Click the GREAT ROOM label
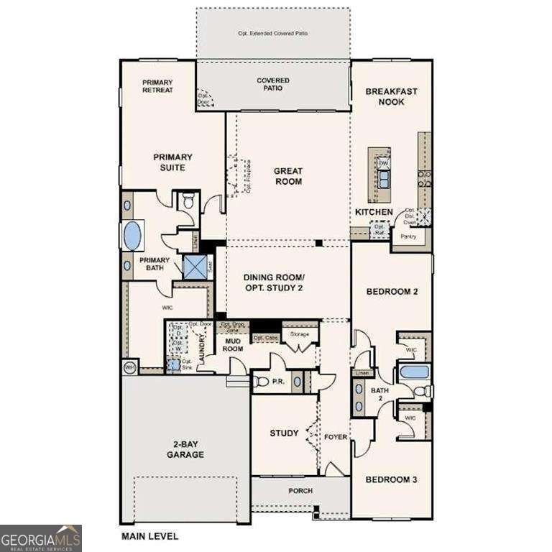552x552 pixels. [287, 176]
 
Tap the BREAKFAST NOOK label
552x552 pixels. [392, 96]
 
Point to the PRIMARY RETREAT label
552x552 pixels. [157, 86]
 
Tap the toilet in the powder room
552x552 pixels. [262, 381]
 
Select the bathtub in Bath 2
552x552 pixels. [414, 372]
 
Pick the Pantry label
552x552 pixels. [410, 236]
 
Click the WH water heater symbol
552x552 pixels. [130, 367]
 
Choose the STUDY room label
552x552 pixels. [284, 433]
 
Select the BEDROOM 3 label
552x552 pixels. [391, 479]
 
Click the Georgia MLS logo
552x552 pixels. [41, 538]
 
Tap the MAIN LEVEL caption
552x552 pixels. [149, 535]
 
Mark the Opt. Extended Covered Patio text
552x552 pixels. [272, 34]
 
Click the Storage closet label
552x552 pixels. [299, 334]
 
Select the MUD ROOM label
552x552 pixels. [232, 344]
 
